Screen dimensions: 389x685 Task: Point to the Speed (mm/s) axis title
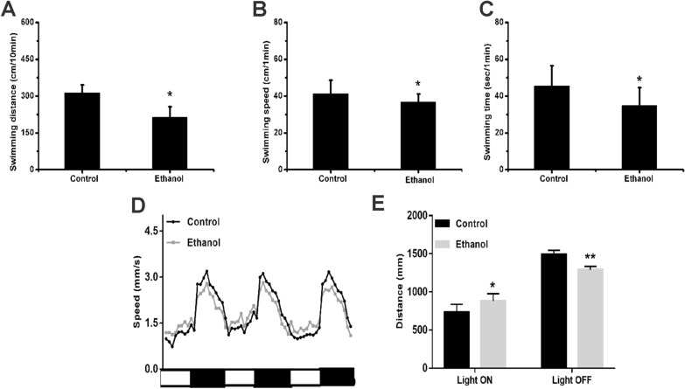click(x=136, y=302)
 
